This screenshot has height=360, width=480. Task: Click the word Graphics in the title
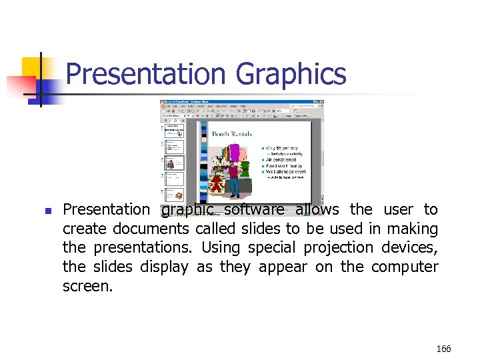pos(291,73)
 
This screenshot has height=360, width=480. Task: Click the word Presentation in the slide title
pos(148,73)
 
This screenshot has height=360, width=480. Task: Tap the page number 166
pos(443,348)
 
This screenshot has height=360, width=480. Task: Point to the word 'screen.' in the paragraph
pos(88,287)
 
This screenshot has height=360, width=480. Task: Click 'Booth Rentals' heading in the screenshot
pos(232,133)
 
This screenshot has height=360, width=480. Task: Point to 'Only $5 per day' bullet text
pos(282,148)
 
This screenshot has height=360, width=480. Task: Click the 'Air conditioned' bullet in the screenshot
pos(282,160)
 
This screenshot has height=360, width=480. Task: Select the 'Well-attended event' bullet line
pos(286,172)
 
